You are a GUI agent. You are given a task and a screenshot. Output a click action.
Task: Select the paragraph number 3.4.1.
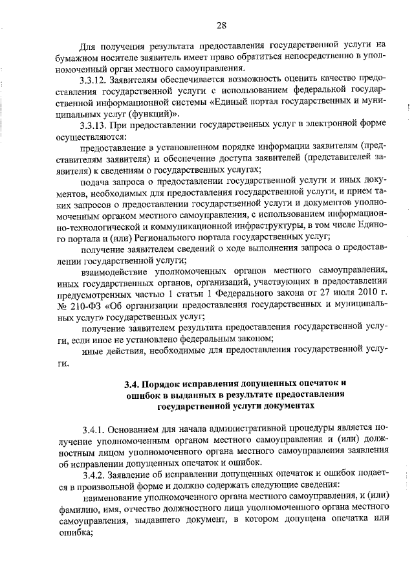pyautogui.click(x=94, y=429)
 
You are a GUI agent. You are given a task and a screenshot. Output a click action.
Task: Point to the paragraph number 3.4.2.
pyautogui.click(x=94, y=474)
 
